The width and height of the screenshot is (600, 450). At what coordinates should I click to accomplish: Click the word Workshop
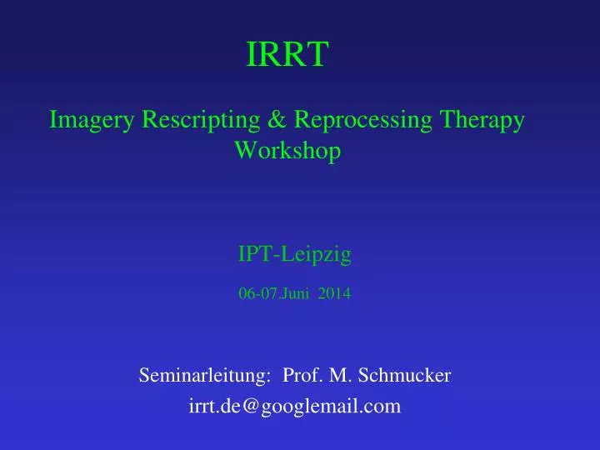tap(287, 152)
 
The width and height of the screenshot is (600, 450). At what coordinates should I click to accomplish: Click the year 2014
tap(334, 293)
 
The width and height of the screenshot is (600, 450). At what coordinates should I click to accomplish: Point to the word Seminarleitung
tap(202, 376)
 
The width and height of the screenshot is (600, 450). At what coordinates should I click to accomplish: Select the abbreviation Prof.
tap(302, 376)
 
